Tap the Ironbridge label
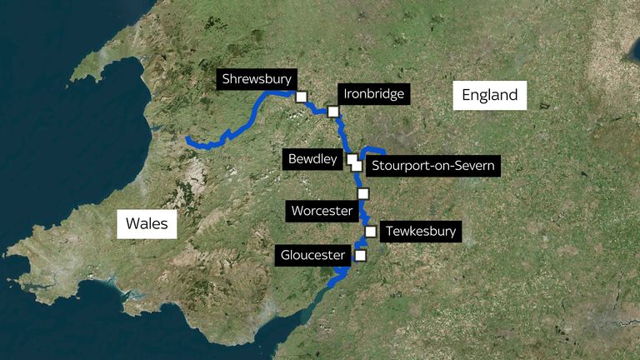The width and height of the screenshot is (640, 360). (x=373, y=94)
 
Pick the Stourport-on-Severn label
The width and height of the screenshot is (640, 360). (x=433, y=166)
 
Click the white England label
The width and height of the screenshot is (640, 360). (x=491, y=96)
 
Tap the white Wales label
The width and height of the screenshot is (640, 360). (x=147, y=223)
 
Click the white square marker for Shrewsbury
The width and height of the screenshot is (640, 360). (x=301, y=97)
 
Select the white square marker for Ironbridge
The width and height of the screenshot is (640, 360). (x=333, y=112)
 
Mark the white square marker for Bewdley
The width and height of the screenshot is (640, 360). (x=352, y=158)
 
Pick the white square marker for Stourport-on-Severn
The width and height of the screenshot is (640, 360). (x=357, y=165)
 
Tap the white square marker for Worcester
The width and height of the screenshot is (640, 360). (x=362, y=193)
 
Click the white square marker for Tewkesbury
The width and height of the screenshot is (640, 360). (x=370, y=232)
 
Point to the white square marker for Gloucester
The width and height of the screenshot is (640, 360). (x=360, y=255)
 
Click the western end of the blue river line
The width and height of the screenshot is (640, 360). (x=188, y=138)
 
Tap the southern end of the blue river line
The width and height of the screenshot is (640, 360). (x=331, y=286)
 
